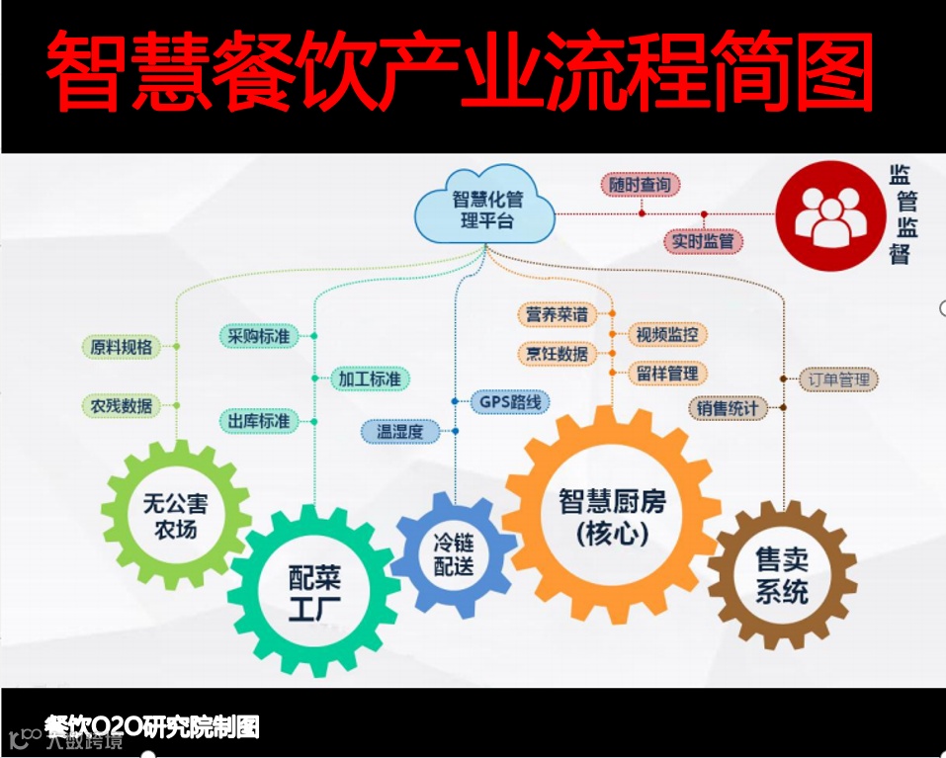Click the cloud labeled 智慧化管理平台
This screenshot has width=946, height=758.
tap(483, 209)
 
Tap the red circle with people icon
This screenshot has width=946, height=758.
tap(828, 215)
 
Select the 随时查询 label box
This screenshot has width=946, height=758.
tap(640, 185)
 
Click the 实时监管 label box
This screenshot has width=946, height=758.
tap(702, 240)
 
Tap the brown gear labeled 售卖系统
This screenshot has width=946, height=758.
tap(782, 577)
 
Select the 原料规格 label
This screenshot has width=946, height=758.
tap(122, 347)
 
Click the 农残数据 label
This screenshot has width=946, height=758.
tap(122, 405)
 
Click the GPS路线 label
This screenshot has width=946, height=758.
tap(510, 402)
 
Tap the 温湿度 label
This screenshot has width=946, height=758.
tap(399, 431)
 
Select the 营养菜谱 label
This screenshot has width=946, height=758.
tap(557, 314)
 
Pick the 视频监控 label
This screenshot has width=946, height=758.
tap(667, 334)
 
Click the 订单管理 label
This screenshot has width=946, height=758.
tap(838, 379)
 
